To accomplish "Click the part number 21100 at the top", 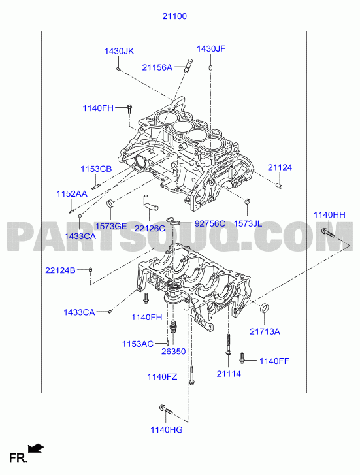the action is (x=174, y=16).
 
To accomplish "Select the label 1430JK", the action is (x=119, y=51).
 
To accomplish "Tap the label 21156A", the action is (x=157, y=67).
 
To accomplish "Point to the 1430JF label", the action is (x=211, y=48).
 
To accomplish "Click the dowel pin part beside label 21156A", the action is (x=189, y=65).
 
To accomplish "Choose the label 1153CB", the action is (x=96, y=169).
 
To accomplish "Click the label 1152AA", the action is (x=72, y=193).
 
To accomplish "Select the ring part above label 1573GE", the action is (x=111, y=204).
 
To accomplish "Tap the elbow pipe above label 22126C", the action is (x=150, y=203).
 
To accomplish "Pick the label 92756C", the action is (x=210, y=223).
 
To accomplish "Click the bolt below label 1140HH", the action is (x=328, y=233).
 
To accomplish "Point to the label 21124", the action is (x=280, y=167).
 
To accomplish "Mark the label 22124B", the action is (x=60, y=270).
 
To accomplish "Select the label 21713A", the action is (x=265, y=331).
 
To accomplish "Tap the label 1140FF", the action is (x=274, y=361).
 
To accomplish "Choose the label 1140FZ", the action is (x=162, y=376).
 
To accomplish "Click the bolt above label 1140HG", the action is (x=166, y=409).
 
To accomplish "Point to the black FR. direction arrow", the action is (x=36, y=448).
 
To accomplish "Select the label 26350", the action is (x=173, y=352).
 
